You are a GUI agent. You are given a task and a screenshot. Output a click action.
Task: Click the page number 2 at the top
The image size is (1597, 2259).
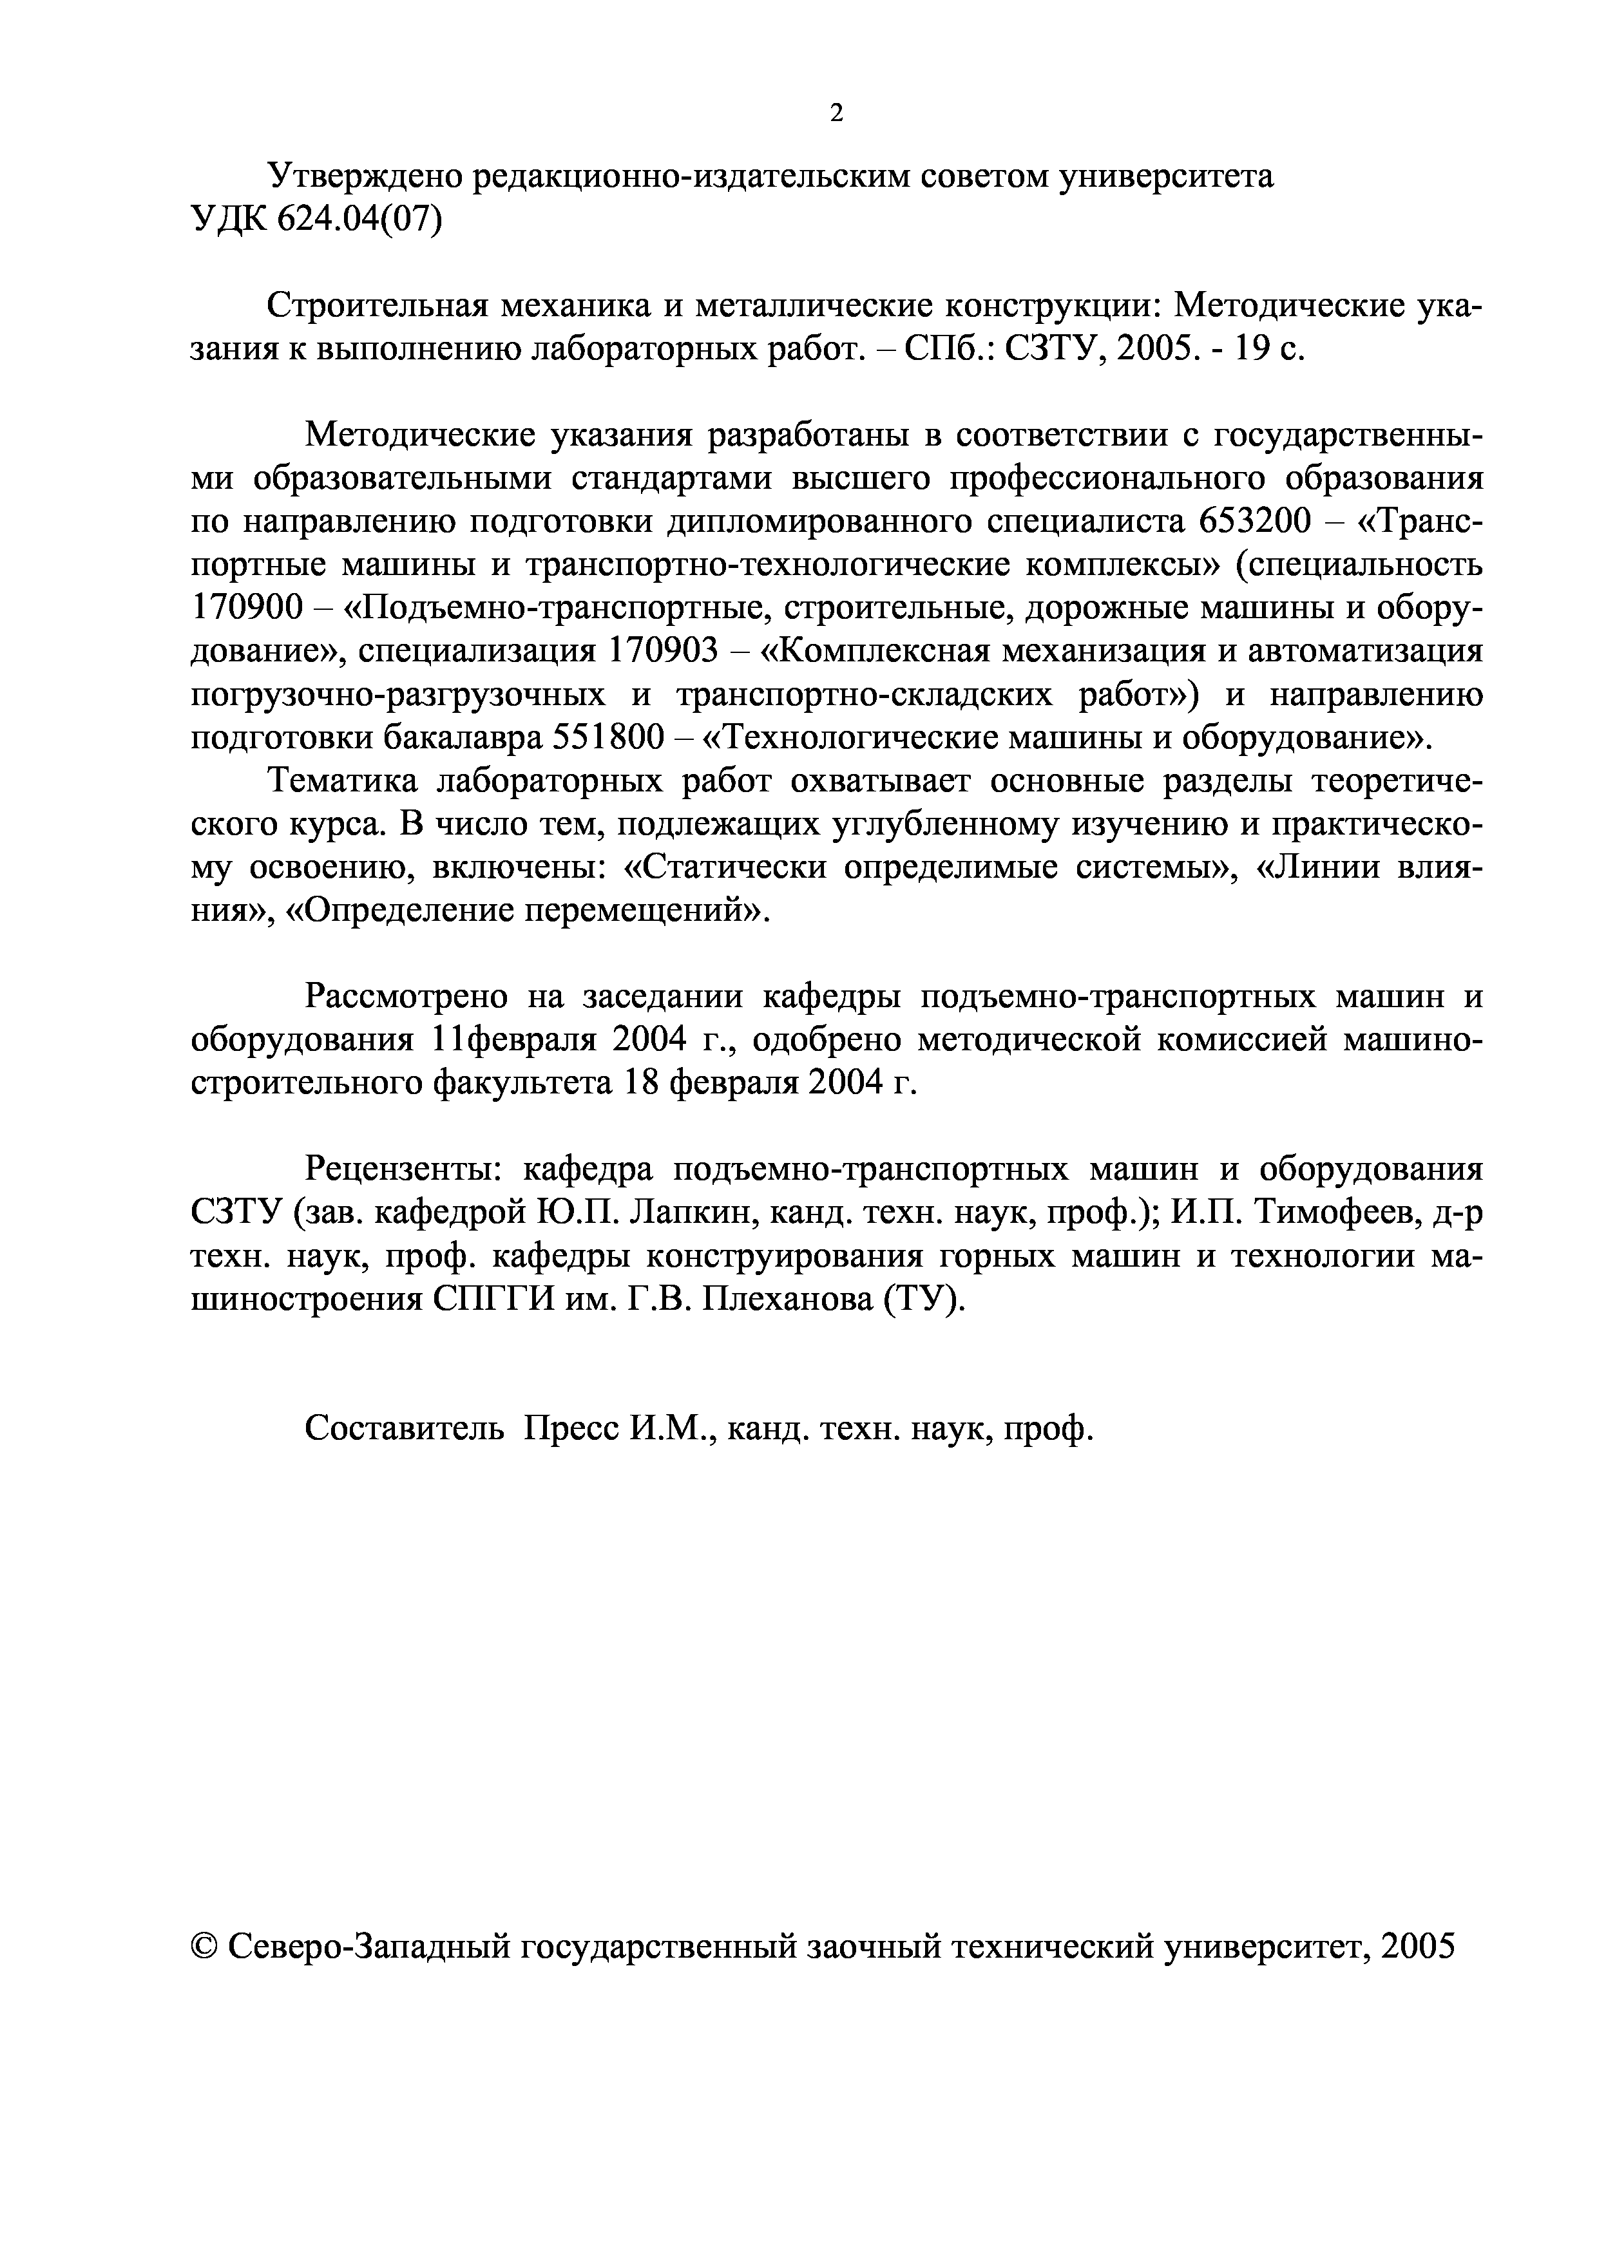(836, 113)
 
